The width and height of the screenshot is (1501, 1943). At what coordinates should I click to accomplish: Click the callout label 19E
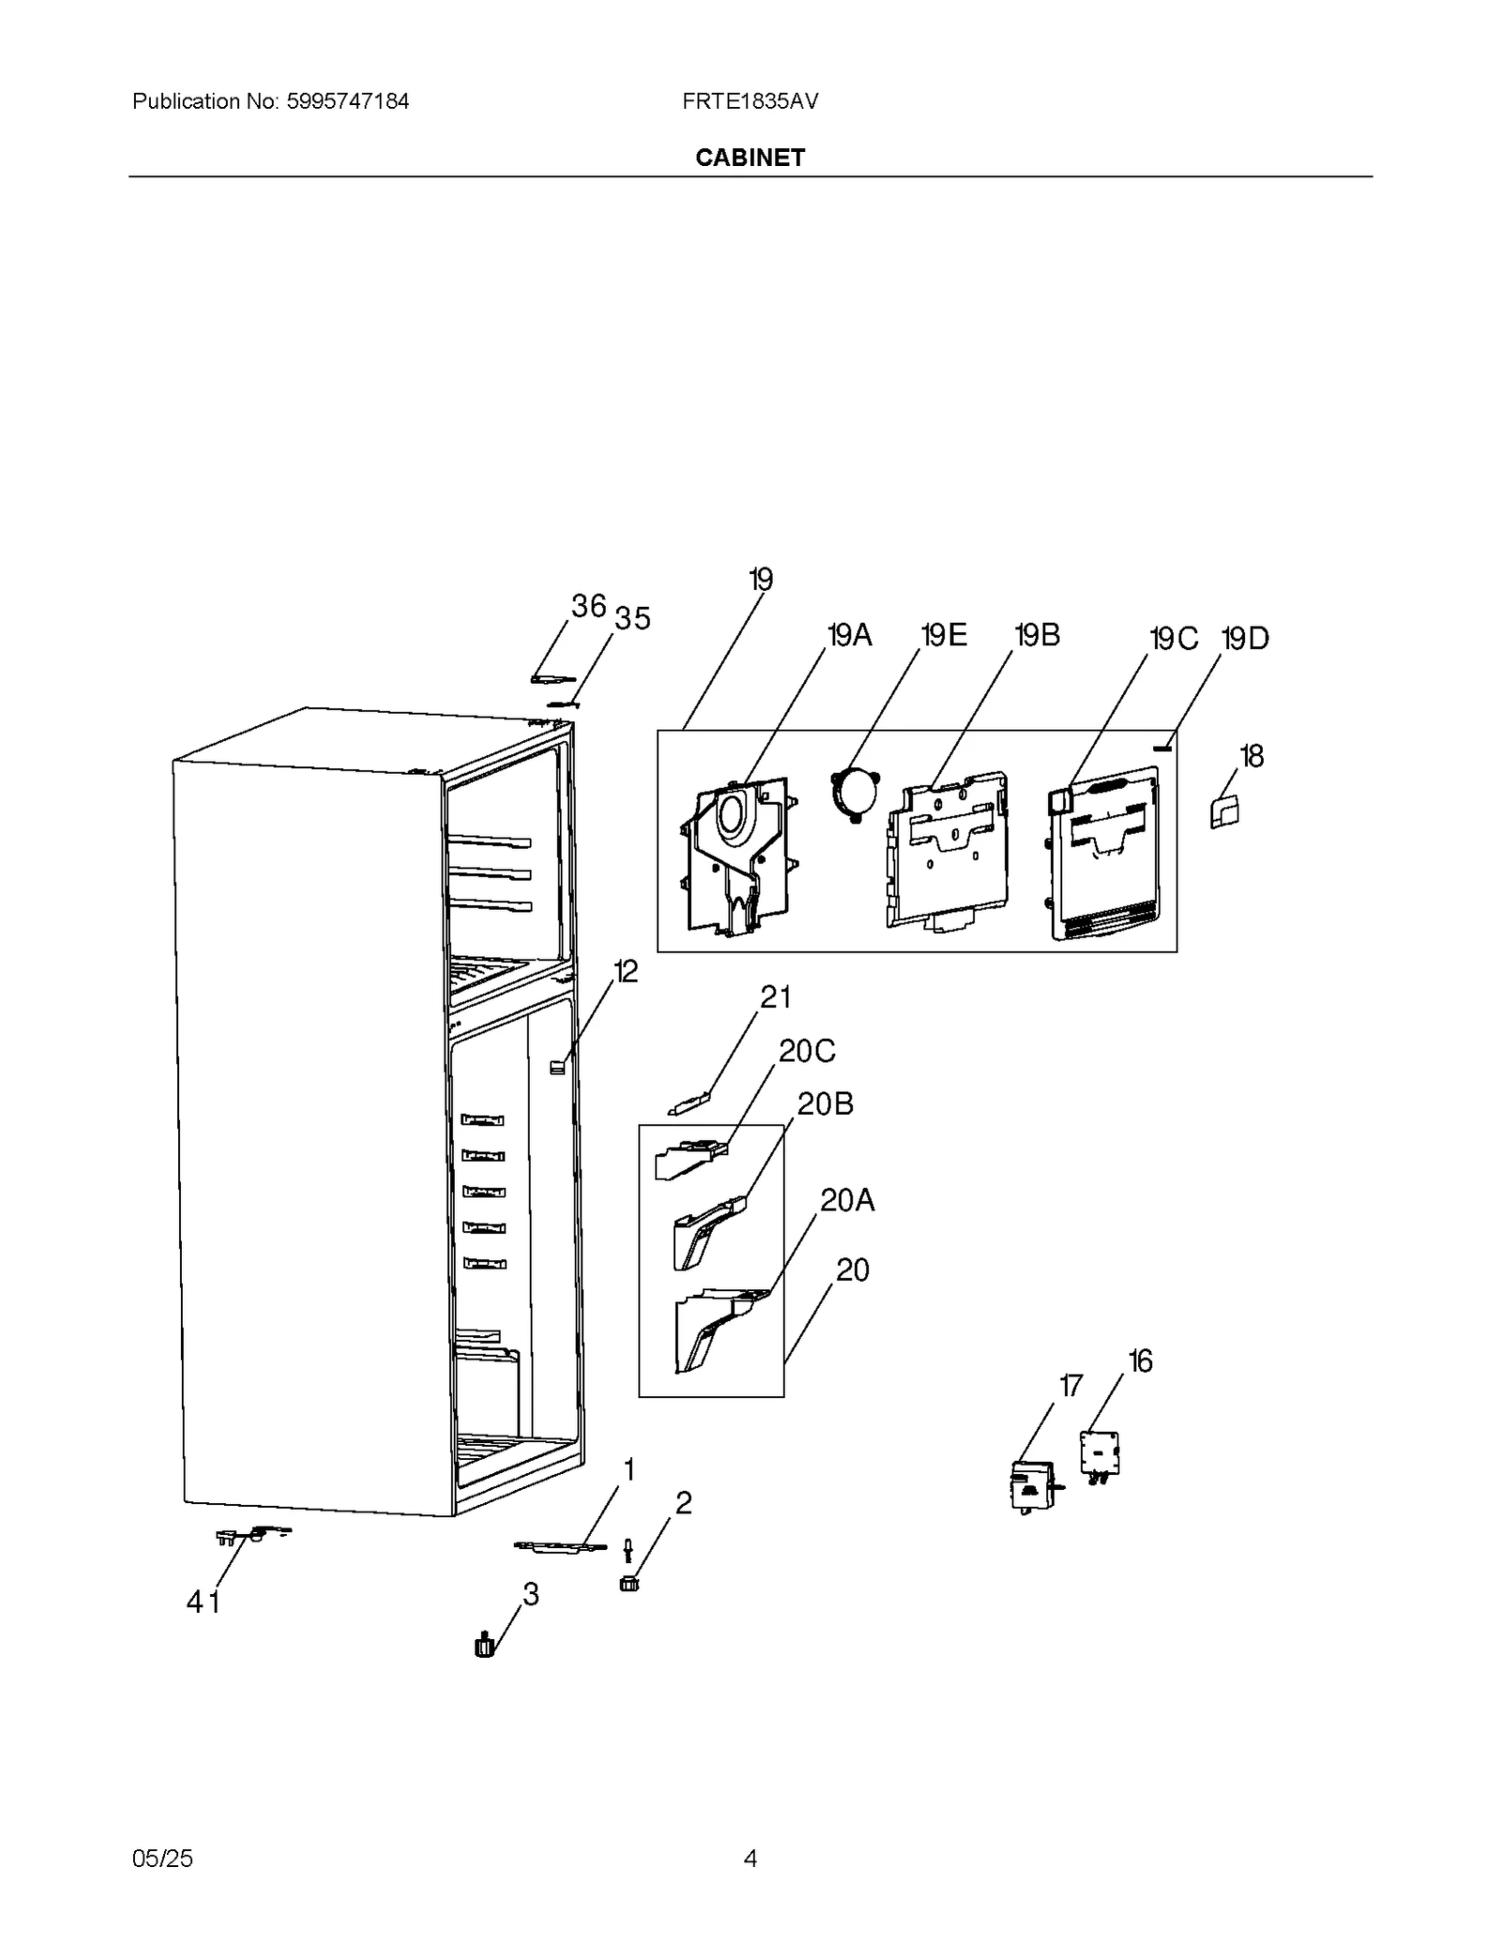[944, 636]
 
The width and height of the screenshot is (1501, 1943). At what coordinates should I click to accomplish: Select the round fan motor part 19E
[854, 794]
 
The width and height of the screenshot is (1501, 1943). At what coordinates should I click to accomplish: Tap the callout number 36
[588, 606]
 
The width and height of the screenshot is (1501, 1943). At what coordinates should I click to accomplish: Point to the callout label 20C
[807, 1051]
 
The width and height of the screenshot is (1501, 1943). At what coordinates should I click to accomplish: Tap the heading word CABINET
[750, 158]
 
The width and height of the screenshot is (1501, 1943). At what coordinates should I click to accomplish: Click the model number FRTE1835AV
[750, 101]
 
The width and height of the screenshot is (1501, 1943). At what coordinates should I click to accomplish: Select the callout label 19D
[1245, 639]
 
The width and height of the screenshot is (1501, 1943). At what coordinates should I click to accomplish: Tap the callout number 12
[625, 971]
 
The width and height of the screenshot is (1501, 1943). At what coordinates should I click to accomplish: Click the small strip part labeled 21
[690, 1104]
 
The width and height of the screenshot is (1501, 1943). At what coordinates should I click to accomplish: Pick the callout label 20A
[847, 1200]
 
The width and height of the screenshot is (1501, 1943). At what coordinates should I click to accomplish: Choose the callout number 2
[683, 1502]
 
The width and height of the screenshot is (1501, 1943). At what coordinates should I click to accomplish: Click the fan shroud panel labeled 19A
[736, 854]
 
